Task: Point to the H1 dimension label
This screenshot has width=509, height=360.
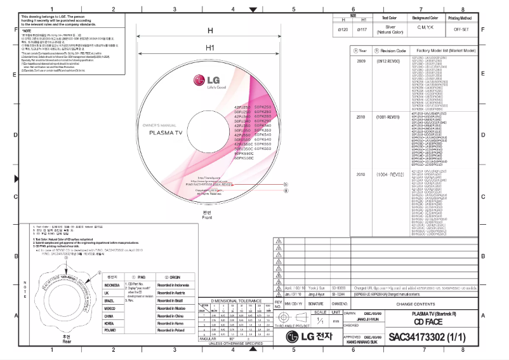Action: click(x=209, y=48)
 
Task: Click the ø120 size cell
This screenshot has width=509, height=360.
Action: click(x=342, y=29)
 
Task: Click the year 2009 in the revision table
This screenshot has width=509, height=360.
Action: click(x=361, y=62)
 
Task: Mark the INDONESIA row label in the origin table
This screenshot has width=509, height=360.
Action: click(x=112, y=285)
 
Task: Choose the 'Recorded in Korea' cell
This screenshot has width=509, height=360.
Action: click(x=171, y=323)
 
